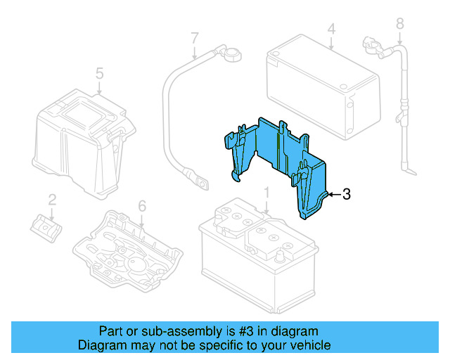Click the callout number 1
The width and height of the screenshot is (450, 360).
pos(266,193)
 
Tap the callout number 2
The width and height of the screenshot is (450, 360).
pos(52,200)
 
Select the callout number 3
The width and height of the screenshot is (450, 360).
pos(345,195)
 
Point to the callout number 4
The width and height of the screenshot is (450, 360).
pos(331,30)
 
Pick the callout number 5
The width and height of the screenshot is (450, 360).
pos(99,72)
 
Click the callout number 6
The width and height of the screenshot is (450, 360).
pos(141,206)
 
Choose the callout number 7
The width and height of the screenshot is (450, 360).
pos(195,37)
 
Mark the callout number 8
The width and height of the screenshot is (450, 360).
pos(399,24)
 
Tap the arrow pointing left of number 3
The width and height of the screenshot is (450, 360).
pos(333,195)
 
